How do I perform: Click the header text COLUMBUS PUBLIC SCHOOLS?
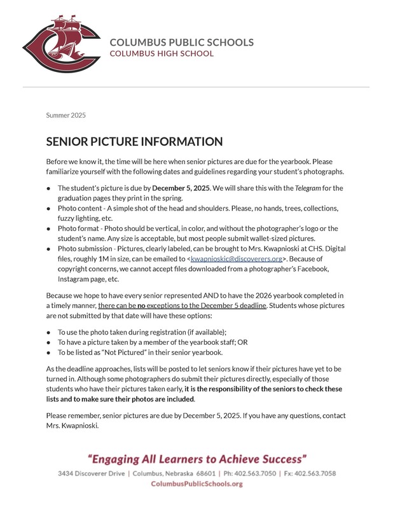point(181,43)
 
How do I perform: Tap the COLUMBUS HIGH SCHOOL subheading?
point(162,53)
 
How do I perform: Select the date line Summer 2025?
point(65,115)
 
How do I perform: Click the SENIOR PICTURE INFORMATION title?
point(134,142)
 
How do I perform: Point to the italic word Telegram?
point(308,188)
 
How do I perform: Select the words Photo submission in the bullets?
point(84,248)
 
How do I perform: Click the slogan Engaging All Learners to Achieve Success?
point(197,459)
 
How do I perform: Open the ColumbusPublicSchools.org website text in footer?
point(197,484)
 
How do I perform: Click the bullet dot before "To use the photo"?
point(49,332)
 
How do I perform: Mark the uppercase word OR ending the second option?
point(242,342)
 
